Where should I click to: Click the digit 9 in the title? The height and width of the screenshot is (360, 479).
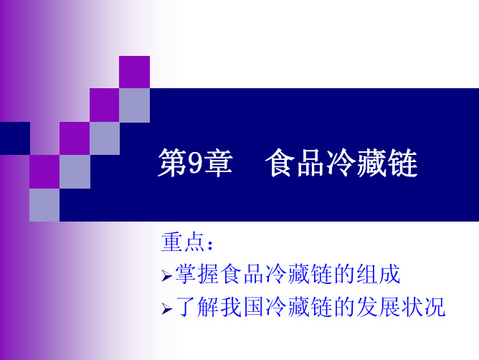pos(196,163)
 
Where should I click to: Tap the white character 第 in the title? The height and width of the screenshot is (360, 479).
pos(172,163)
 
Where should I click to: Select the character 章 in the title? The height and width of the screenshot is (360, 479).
pos(219,163)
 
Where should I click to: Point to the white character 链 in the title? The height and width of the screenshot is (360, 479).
pos(403,163)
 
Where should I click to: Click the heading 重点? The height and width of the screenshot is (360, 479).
pos(183,242)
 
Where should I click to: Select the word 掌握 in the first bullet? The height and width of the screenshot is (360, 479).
pos(197,274)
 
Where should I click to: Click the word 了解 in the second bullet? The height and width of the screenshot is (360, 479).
pos(197,307)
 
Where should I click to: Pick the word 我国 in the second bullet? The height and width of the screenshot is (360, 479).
pos(242,307)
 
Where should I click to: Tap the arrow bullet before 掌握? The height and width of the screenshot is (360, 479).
pos(167,276)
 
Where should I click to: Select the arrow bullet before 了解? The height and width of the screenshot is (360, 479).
pos(167,309)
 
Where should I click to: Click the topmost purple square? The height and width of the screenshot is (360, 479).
pos(134,72)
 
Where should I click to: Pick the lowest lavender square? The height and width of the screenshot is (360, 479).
pos(44,205)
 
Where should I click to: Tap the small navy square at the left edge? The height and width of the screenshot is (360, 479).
pos(15,138)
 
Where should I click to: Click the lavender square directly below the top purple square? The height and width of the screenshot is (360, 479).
pos(134,105)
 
